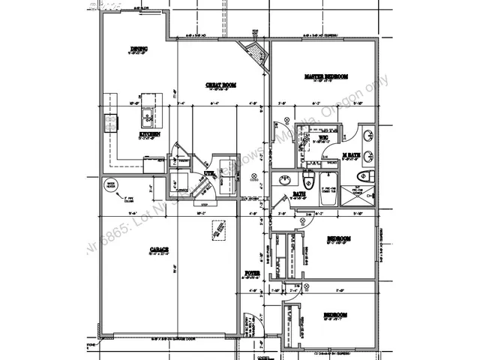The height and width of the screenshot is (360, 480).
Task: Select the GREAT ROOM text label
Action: coord(221,85)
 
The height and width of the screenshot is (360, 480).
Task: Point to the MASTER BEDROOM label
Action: coord(326,76)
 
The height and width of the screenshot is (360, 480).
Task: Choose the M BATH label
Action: coord(351,155)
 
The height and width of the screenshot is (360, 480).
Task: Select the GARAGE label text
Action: coord(158,249)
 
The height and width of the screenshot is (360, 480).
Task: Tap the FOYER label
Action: coord(252,272)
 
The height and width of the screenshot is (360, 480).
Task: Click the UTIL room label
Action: coord(209,173)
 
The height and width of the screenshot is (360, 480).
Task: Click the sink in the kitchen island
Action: coord(149,116)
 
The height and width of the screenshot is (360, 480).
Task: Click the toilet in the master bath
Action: coord(364,175)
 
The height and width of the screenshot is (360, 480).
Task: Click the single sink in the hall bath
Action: coord(285,180)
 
